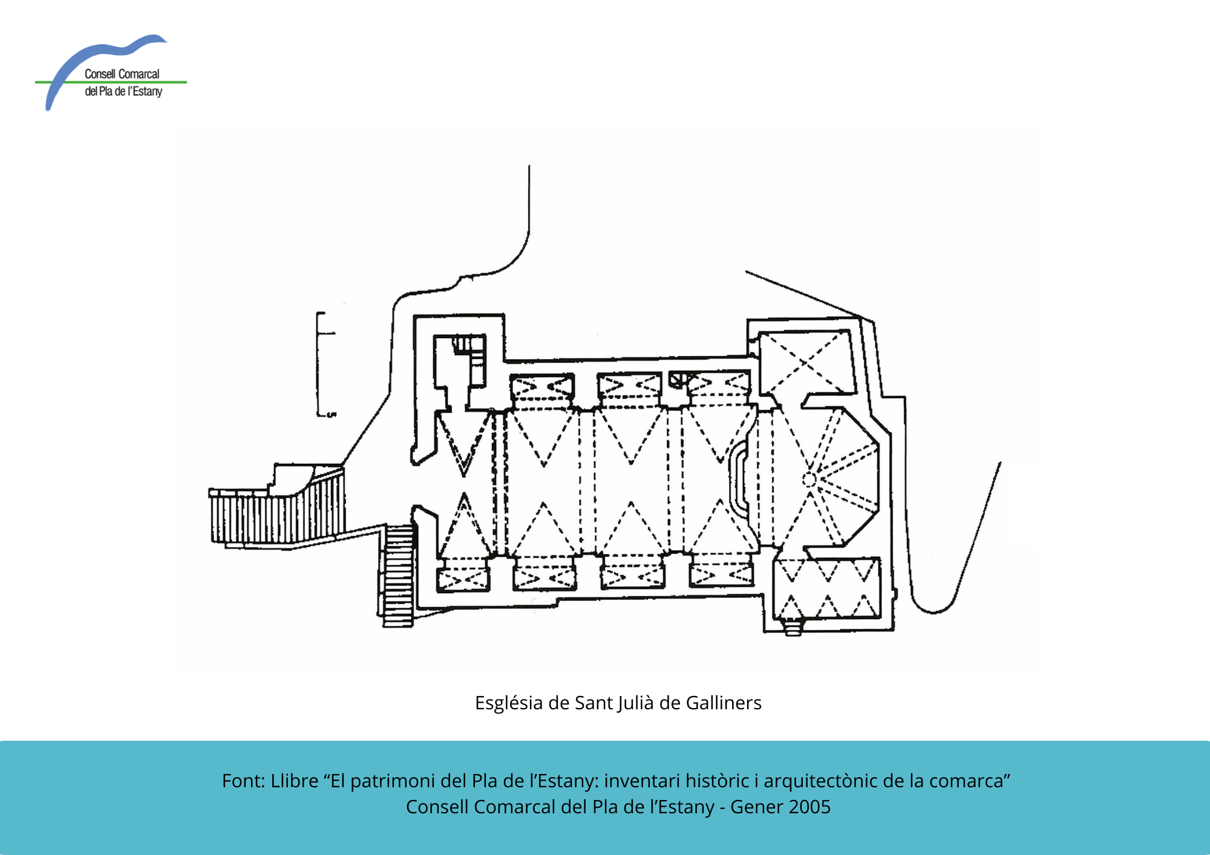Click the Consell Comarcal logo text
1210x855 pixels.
[123, 83]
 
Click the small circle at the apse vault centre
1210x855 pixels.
[809, 480]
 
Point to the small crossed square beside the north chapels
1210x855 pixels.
[676, 379]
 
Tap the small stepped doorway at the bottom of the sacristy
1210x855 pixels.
[793, 628]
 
